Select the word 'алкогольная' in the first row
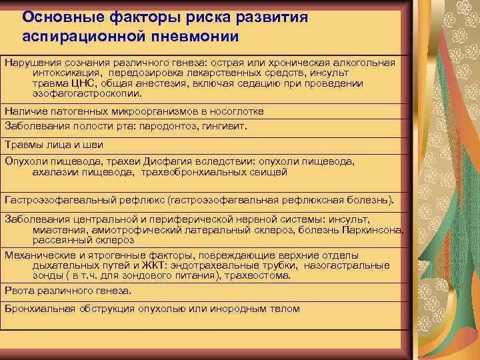364,63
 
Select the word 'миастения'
56,230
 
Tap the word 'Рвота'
19,291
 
